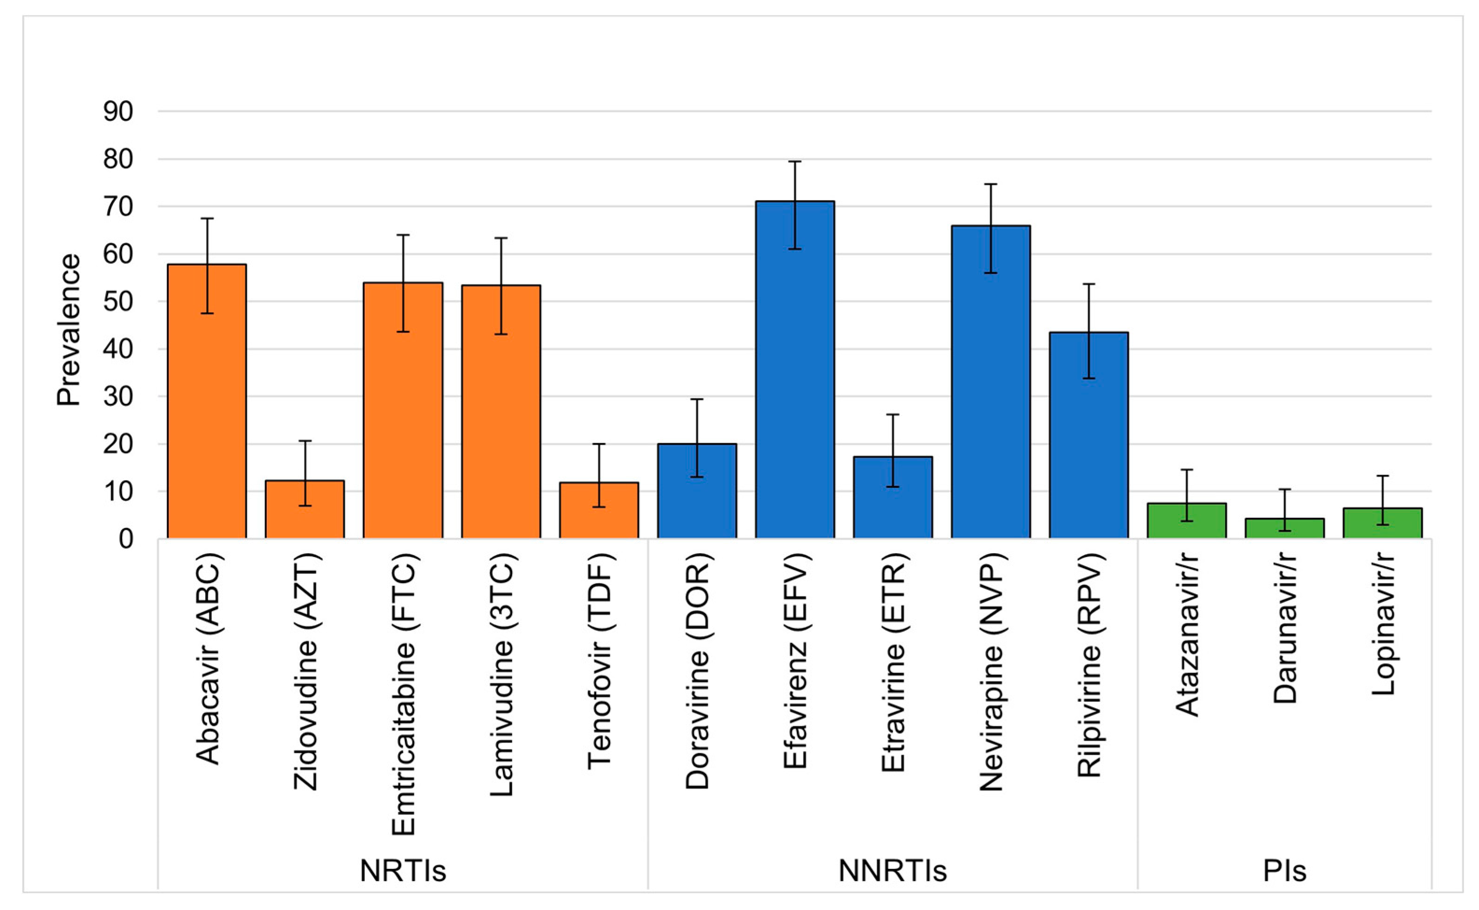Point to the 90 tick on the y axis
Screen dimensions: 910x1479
[118, 112]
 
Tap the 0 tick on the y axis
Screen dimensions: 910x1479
[126, 539]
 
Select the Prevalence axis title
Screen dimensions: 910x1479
[69, 330]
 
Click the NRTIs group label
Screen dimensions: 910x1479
[403, 870]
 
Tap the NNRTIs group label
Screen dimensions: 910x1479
[892, 870]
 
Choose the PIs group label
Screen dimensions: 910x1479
[1284, 870]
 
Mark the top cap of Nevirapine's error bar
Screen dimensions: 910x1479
[990, 184]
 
